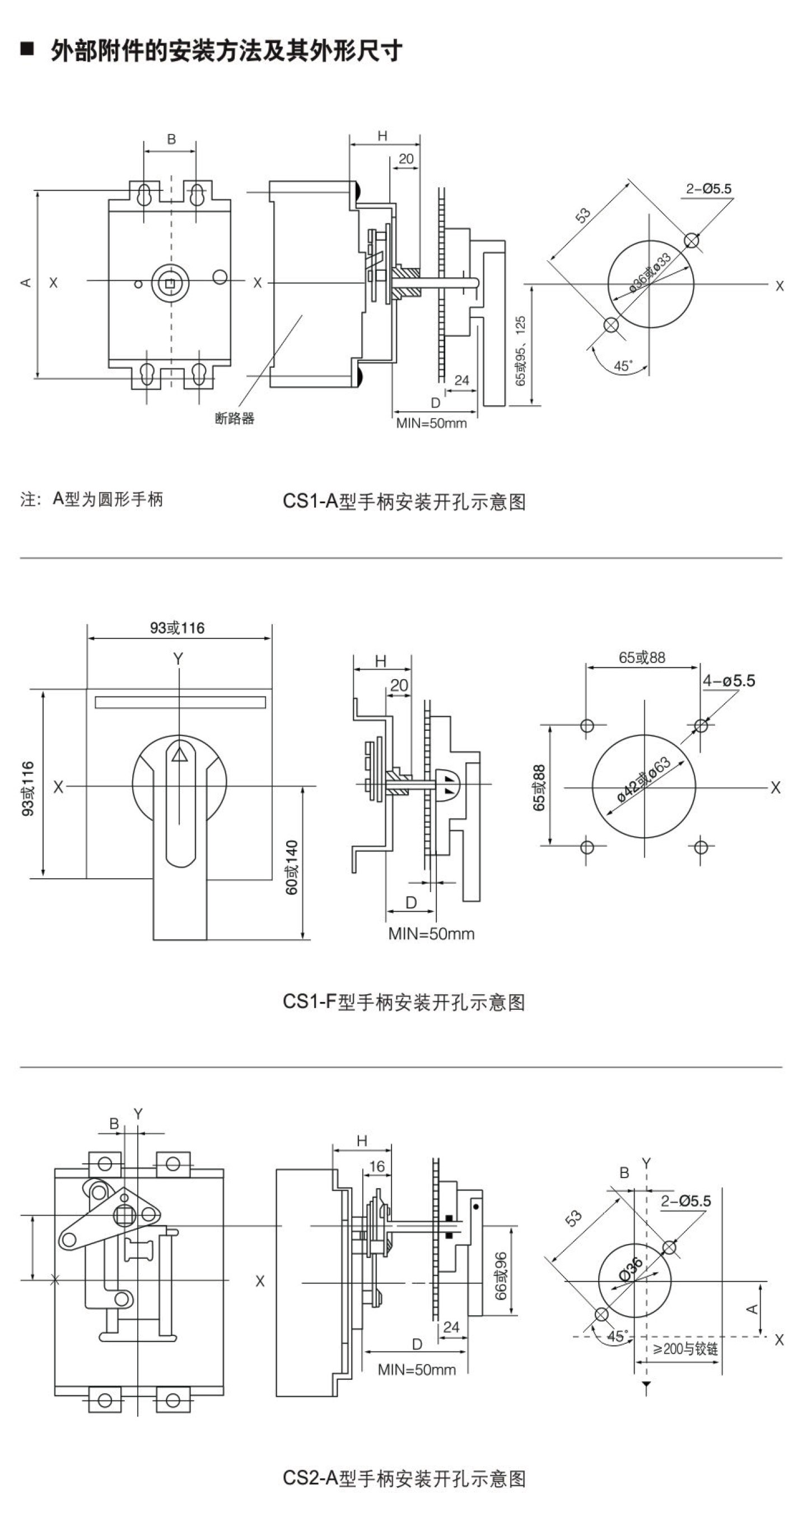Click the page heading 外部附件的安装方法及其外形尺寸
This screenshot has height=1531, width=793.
226,51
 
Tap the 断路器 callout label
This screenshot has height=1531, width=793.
234,419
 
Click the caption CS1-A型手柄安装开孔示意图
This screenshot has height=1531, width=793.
404,502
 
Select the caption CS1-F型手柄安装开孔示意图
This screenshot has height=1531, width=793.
404,1002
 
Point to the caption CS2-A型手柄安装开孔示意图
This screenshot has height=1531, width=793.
404,1478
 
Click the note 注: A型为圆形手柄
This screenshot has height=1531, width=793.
91,499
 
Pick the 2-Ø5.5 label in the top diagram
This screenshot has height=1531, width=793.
708,189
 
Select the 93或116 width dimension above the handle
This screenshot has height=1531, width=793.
177,628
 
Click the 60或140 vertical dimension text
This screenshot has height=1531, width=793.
292,867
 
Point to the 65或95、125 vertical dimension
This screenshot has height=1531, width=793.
520,351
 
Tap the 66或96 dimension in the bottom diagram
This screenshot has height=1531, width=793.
501,1275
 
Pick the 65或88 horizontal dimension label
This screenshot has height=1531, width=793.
642,657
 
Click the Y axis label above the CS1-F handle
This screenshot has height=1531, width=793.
178,658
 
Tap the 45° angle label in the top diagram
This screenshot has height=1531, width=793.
623,366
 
